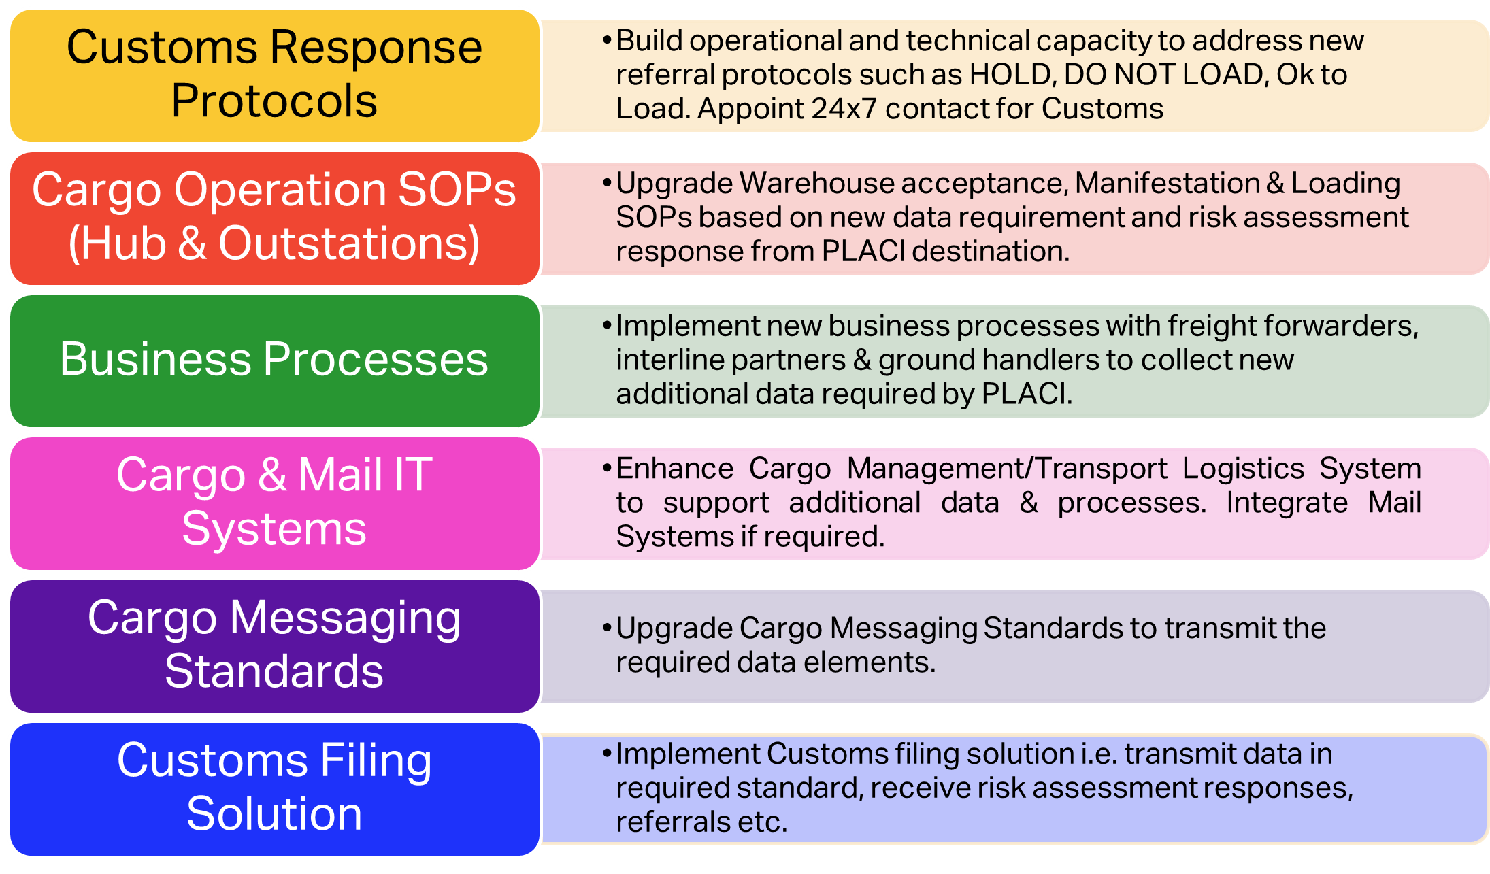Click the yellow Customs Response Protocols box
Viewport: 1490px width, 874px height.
[x=275, y=75]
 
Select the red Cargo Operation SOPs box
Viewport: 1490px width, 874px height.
[x=275, y=218]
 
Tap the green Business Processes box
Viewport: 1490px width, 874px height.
[x=275, y=361]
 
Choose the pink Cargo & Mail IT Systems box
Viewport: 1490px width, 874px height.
[x=275, y=503]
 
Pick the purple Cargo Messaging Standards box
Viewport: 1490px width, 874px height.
[x=275, y=646]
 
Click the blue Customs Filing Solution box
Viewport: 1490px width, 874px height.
[x=275, y=789]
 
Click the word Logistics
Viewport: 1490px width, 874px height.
[x=1243, y=469]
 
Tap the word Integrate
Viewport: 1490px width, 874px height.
[x=1287, y=503]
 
